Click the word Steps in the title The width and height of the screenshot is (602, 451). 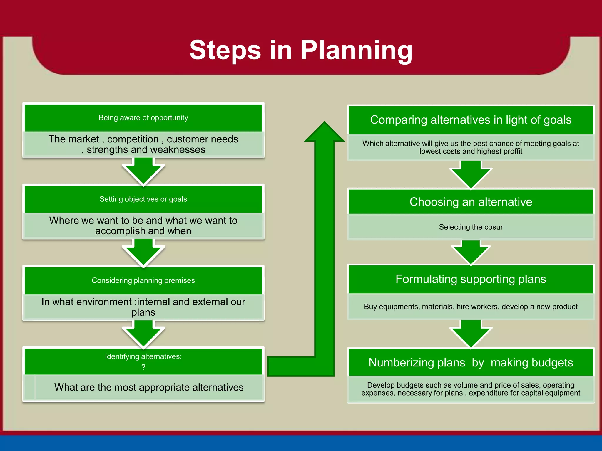pyautogui.click(x=225, y=51)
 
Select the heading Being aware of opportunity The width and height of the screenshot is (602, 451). pyautogui.click(x=143, y=118)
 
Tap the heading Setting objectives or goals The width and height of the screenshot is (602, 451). pyautogui.click(x=143, y=199)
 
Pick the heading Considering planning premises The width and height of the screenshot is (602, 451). pyautogui.click(x=143, y=280)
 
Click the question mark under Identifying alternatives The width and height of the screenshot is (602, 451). pyautogui.click(x=143, y=367)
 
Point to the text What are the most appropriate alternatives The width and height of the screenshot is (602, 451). pyautogui.click(x=149, y=387)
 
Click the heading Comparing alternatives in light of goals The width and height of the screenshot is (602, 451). pyautogui.click(x=471, y=120)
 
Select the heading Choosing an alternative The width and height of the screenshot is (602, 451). pyautogui.click(x=471, y=202)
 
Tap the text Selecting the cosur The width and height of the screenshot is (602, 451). pyautogui.click(x=471, y=227)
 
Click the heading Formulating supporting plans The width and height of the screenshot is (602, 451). pyautogui.click(x=471, y=279)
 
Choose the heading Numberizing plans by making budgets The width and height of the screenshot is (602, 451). pyautogui.click(x=471, y=363)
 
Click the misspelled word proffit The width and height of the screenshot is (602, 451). pyautogui.click(x=512, y=152)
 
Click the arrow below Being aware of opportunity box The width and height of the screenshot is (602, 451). pyautogui.click(x=143, y=172)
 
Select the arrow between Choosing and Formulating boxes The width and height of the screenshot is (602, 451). pyautogui.click(x=471, y=253)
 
